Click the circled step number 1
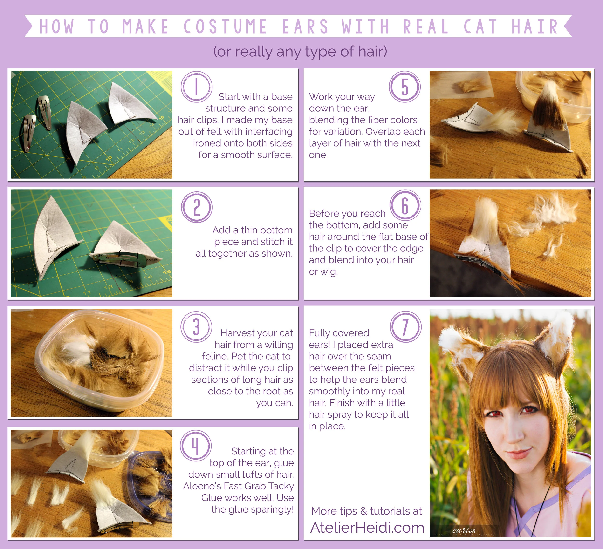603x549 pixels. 197,87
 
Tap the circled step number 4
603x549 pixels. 196,446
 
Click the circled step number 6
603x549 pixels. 405,205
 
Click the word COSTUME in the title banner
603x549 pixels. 225,26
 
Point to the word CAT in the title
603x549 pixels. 480,26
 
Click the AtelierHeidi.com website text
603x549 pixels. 367,528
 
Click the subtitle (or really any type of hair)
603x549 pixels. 300,51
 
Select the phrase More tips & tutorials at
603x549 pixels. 366,511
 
